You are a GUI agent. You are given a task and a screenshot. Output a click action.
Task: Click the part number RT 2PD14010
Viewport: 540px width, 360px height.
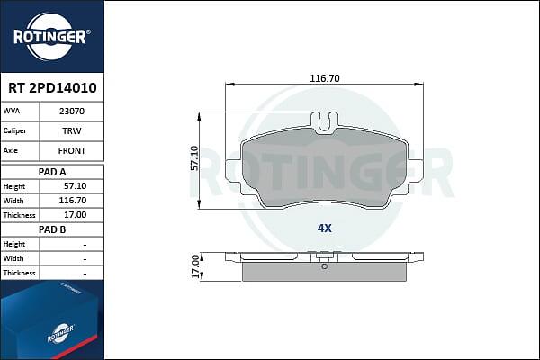(52, 88)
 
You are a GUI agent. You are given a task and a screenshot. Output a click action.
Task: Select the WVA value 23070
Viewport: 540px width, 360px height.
(72, 112)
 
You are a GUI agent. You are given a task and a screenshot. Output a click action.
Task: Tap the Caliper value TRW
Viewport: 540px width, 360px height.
(72, 130)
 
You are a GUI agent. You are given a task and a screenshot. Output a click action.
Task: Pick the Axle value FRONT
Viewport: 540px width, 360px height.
(72, 151)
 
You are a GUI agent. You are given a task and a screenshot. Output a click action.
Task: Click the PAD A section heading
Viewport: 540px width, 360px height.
(52, 172)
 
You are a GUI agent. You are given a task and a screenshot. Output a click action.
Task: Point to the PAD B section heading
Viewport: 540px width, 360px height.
(52, 229)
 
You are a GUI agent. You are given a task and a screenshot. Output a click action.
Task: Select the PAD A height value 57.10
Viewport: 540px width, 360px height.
(75, 186)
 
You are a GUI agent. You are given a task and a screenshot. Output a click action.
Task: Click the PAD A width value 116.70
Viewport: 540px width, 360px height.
(73, 201)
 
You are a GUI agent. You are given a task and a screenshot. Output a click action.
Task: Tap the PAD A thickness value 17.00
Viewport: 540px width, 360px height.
(75, 215)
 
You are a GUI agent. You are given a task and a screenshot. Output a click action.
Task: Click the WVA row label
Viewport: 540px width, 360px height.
(12, 111)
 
